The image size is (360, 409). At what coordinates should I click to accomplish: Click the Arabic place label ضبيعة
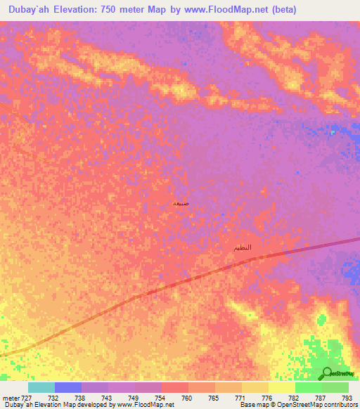[181, 203]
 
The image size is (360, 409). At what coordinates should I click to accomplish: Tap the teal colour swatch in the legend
[41, 387]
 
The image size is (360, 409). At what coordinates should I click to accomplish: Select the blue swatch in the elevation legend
[68, 387]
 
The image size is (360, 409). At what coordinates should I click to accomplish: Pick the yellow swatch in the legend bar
[282, 387]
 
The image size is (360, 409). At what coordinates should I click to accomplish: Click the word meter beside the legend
[10, 397]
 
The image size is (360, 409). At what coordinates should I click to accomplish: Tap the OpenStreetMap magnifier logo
[328, 372]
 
